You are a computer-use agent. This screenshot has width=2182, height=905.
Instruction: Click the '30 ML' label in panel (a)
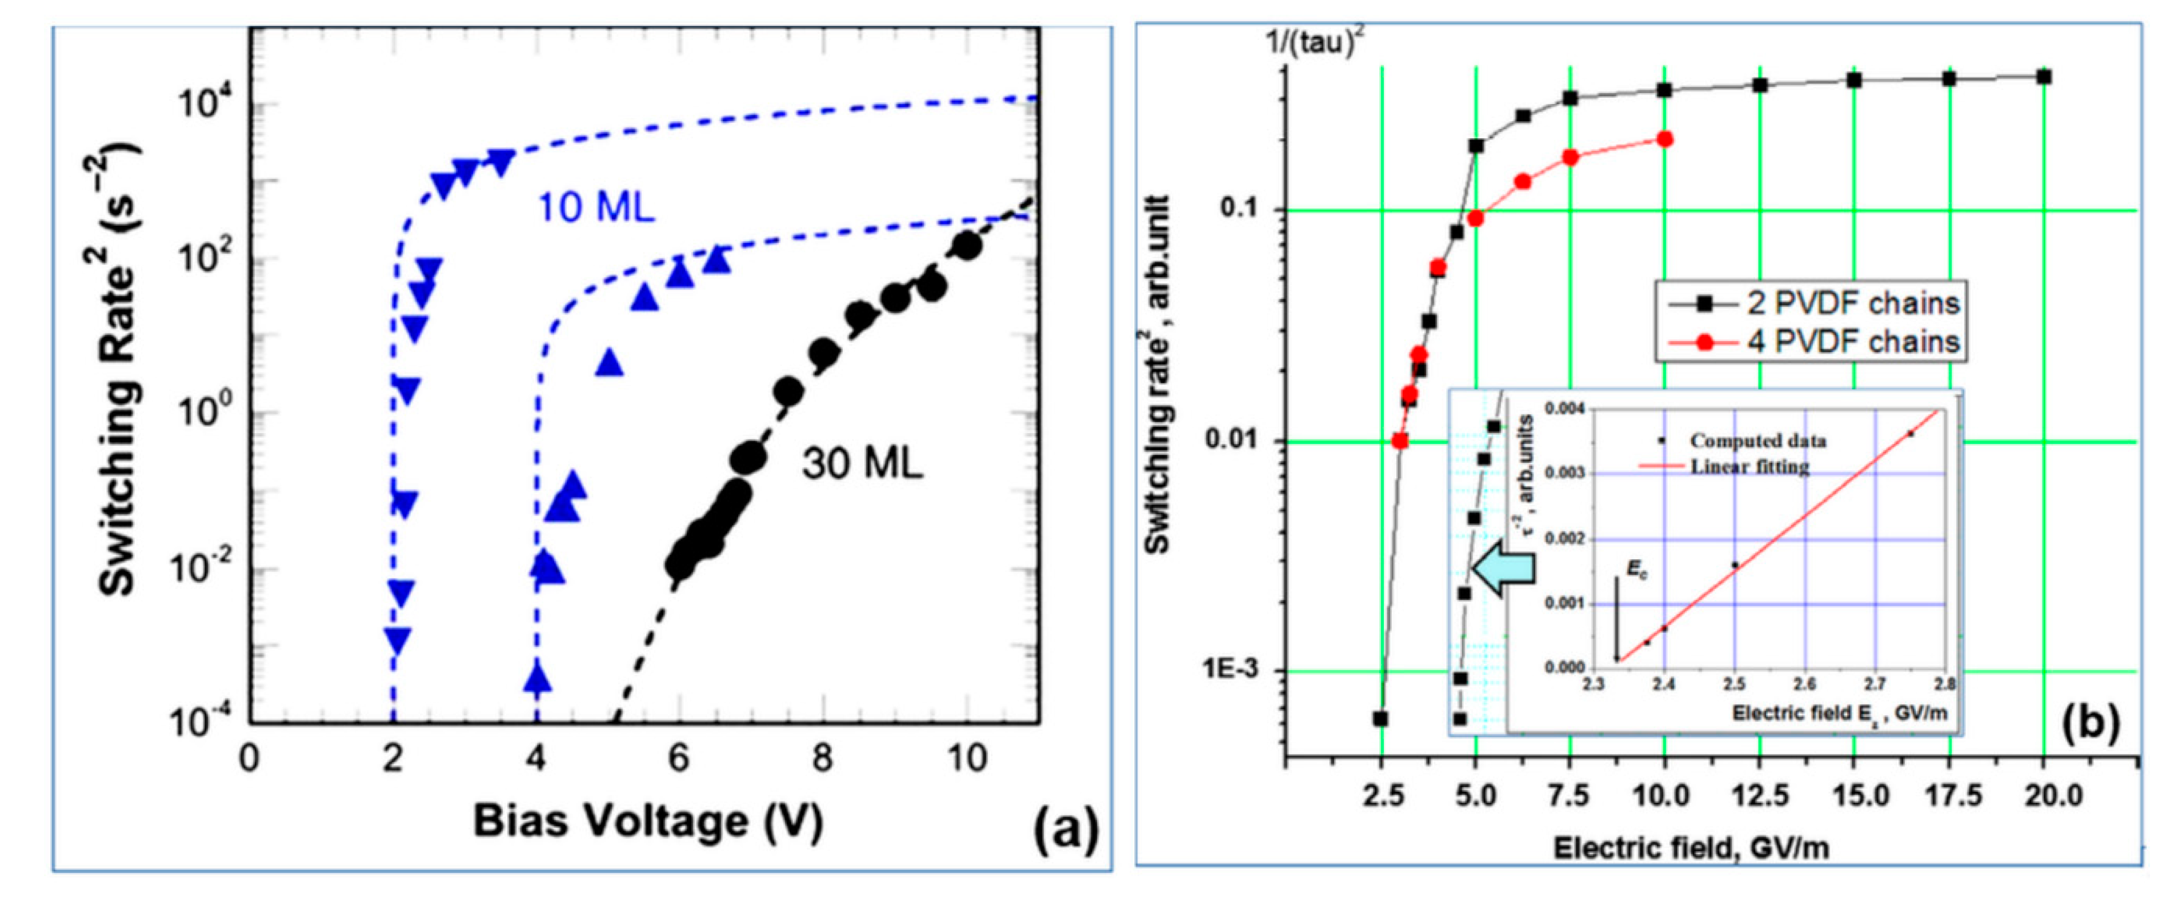[862, 464]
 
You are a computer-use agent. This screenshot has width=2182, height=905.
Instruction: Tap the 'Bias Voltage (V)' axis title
[647, 821]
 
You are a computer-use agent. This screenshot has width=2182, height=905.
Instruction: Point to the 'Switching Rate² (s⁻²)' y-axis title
[119, 373]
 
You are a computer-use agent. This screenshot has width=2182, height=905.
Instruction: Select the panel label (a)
[1065, 830]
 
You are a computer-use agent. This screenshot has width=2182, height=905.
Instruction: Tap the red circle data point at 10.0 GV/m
[1664, 139]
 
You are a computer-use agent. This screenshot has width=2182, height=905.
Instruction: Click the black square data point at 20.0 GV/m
[2044, 77]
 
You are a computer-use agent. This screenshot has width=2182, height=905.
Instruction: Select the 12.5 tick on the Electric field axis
[1759, 796]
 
